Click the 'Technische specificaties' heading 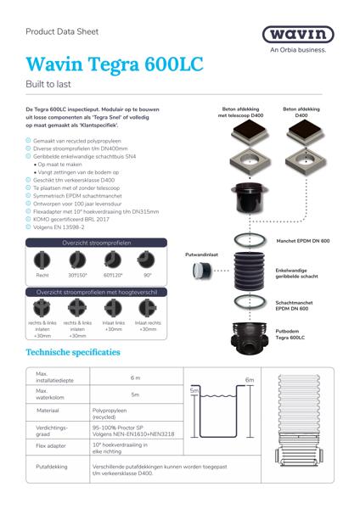[73, 351]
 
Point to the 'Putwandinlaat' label [202, 253]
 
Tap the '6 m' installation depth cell [136, 378]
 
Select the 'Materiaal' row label [48, 410]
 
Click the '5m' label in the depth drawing [195, 390]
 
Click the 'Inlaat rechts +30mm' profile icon [148, 309]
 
